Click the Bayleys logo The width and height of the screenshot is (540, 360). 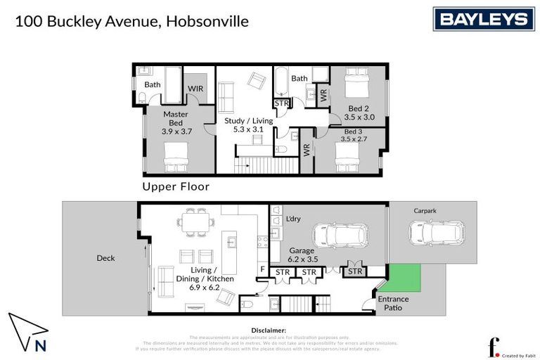pyautogui.click(x=483, y=19)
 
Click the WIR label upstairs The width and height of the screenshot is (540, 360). pyautogui.click(x=195, y=89)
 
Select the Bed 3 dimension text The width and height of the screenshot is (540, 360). pyautogui.click(x=354, y=139)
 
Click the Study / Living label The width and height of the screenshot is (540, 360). pyautogui.click(x=244, y=124)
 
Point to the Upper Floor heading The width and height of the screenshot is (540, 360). pyautogui.click(x=176, y=186)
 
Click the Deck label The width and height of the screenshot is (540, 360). pyautogui.click(x=105, y=258)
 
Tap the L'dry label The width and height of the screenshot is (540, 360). pyautogui.click(x=293, y=219)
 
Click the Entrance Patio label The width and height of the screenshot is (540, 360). pyautogui.click(x=393, y=303)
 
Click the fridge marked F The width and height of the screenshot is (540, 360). pyautogui.click(x=263, y=268)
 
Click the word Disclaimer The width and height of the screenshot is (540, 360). pyautogui.click(x=269, y=330)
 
